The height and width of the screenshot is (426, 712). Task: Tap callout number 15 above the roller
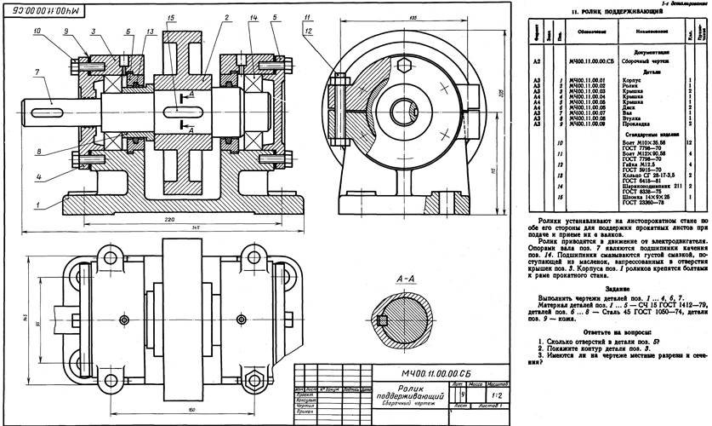174,18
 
